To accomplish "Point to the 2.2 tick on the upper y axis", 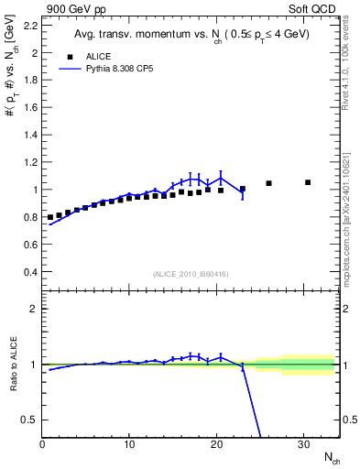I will coord(30,25).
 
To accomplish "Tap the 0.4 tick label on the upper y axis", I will coord(30,272).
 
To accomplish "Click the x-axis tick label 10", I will coord(129,444).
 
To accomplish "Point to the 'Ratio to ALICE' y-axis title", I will coord(13,364).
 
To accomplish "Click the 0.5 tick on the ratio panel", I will coord(30,420).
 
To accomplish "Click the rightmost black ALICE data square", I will coord(308,182).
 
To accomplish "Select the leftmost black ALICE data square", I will coord(50,217).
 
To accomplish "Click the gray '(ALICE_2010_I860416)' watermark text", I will coord(191,274).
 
